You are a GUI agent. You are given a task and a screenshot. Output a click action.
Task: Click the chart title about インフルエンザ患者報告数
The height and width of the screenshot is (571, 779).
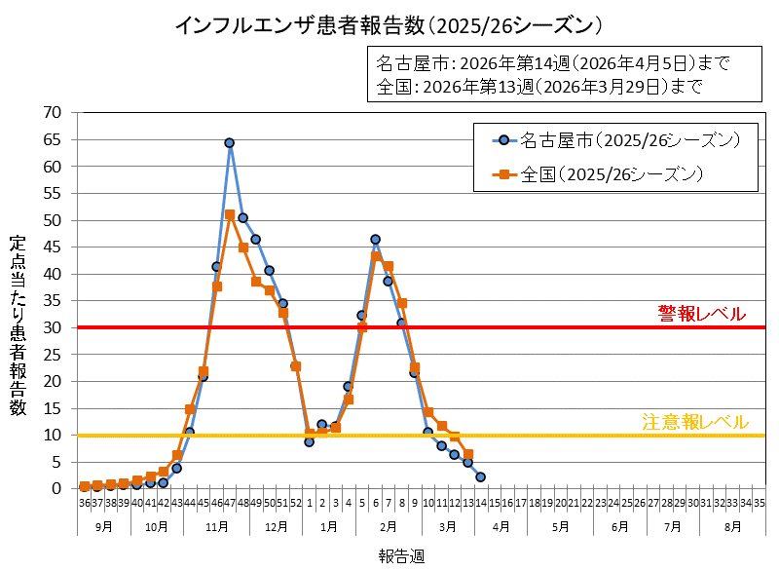pyautogui.click(x=389, y=24)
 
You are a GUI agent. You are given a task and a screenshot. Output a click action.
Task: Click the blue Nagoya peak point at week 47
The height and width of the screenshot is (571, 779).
pyautogui.click(x=230, y=143)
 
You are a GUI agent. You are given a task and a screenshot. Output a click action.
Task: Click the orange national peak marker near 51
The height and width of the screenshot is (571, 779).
pyautogui.click(x=230, y=214)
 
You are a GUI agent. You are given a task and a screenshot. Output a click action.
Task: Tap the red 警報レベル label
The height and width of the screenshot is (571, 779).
pyautogui.click(x=701, y=314)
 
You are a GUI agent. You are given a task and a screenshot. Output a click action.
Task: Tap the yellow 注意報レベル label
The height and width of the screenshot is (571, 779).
pyautogui.click(x=695, y=422)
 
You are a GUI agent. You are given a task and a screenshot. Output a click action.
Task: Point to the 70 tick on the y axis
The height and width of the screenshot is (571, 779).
pyautogui.click(x=53, y=113)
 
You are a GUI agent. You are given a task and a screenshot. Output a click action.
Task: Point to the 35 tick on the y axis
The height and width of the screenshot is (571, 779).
pyautogui.click(x=53, y=300)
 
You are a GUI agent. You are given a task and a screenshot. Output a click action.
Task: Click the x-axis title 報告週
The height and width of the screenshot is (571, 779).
pyautogui.click(x=401, y=555)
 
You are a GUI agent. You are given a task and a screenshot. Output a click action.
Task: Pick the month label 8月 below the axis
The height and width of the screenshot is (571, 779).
pyautogui.click(x=732, y=526)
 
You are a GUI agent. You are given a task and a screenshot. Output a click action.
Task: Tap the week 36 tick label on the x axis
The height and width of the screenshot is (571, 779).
pyautogui.click(x=85, y=503)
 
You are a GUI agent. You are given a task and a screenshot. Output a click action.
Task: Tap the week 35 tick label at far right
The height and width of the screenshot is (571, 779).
pyautogui.click(x=759, y=503)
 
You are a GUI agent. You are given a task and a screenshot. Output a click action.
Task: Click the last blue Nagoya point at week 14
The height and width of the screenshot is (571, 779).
pyautogui.click(x=481, y=476)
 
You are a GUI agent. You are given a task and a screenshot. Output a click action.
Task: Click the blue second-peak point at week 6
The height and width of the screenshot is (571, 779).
pyautogui.click(x=375, y=240)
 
